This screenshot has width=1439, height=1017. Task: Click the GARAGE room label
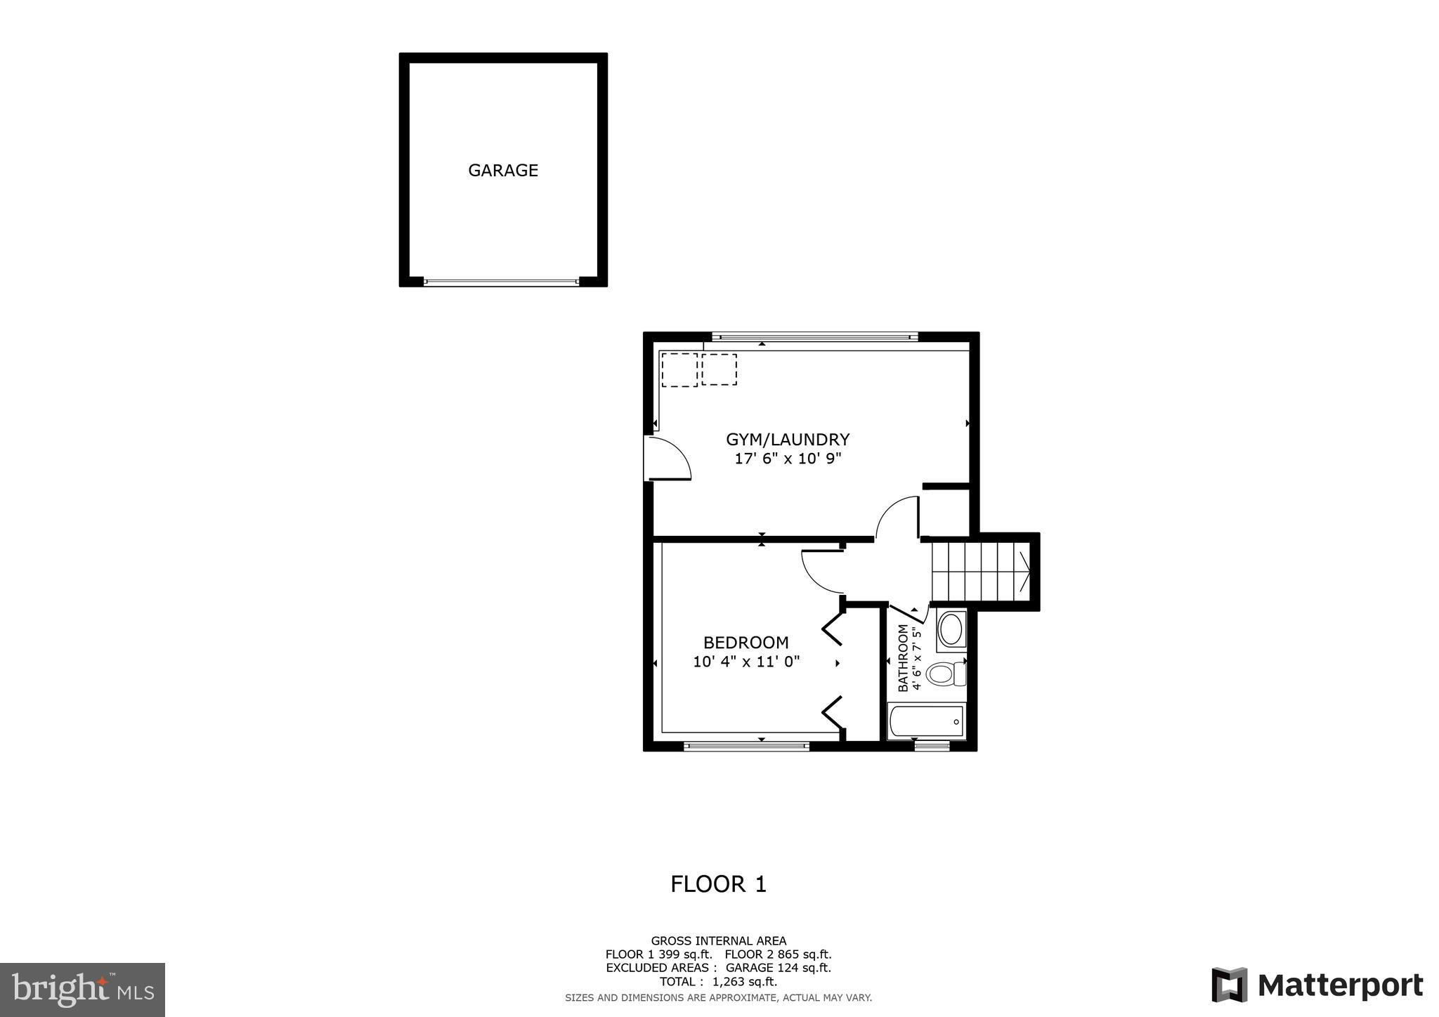pyautogui.click(x=503, y=171)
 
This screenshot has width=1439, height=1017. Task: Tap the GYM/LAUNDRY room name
pyautogui.click(x=788, y=440)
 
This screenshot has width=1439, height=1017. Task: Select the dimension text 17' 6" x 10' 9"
pyautogui.click(x=788, y=459)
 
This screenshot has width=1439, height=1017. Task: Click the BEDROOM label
pyautogui.click(x=745, y=643)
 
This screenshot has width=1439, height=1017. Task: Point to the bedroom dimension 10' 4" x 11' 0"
pyautogui.click(x=746, y=662)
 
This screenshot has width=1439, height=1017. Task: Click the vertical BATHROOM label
pyautogui.click(x=903, y=658)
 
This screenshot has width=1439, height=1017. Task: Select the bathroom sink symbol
pyautogui.click(x=951, y=630)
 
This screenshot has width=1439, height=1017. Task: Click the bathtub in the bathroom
pyautogui.click(x=926, y=721)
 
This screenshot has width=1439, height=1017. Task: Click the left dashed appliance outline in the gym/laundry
pyautogui.click(x=679, y=369)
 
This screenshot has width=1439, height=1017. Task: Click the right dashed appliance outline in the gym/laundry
pyautogui.click(x=719, y=369)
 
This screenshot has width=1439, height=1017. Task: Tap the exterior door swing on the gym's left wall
pyautogui.click(x=668, y=459)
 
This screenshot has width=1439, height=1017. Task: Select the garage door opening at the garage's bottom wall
pyautogui.click(x=502, y=282)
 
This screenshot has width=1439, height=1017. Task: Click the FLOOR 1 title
pyautogui.click(x=718, y=884)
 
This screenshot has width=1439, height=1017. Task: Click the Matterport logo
pyautogui.click(x=1317, y=986)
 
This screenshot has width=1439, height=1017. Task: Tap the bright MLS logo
pyautogui.click(x=83, y=990)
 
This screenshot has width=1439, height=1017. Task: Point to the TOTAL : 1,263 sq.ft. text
pyautogui.click(x=718, y=981)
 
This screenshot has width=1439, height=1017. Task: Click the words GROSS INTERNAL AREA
pyautogui.click(x=718, y=941)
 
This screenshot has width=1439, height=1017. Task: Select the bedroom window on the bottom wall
pyautogui.click(x=746, y=746)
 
